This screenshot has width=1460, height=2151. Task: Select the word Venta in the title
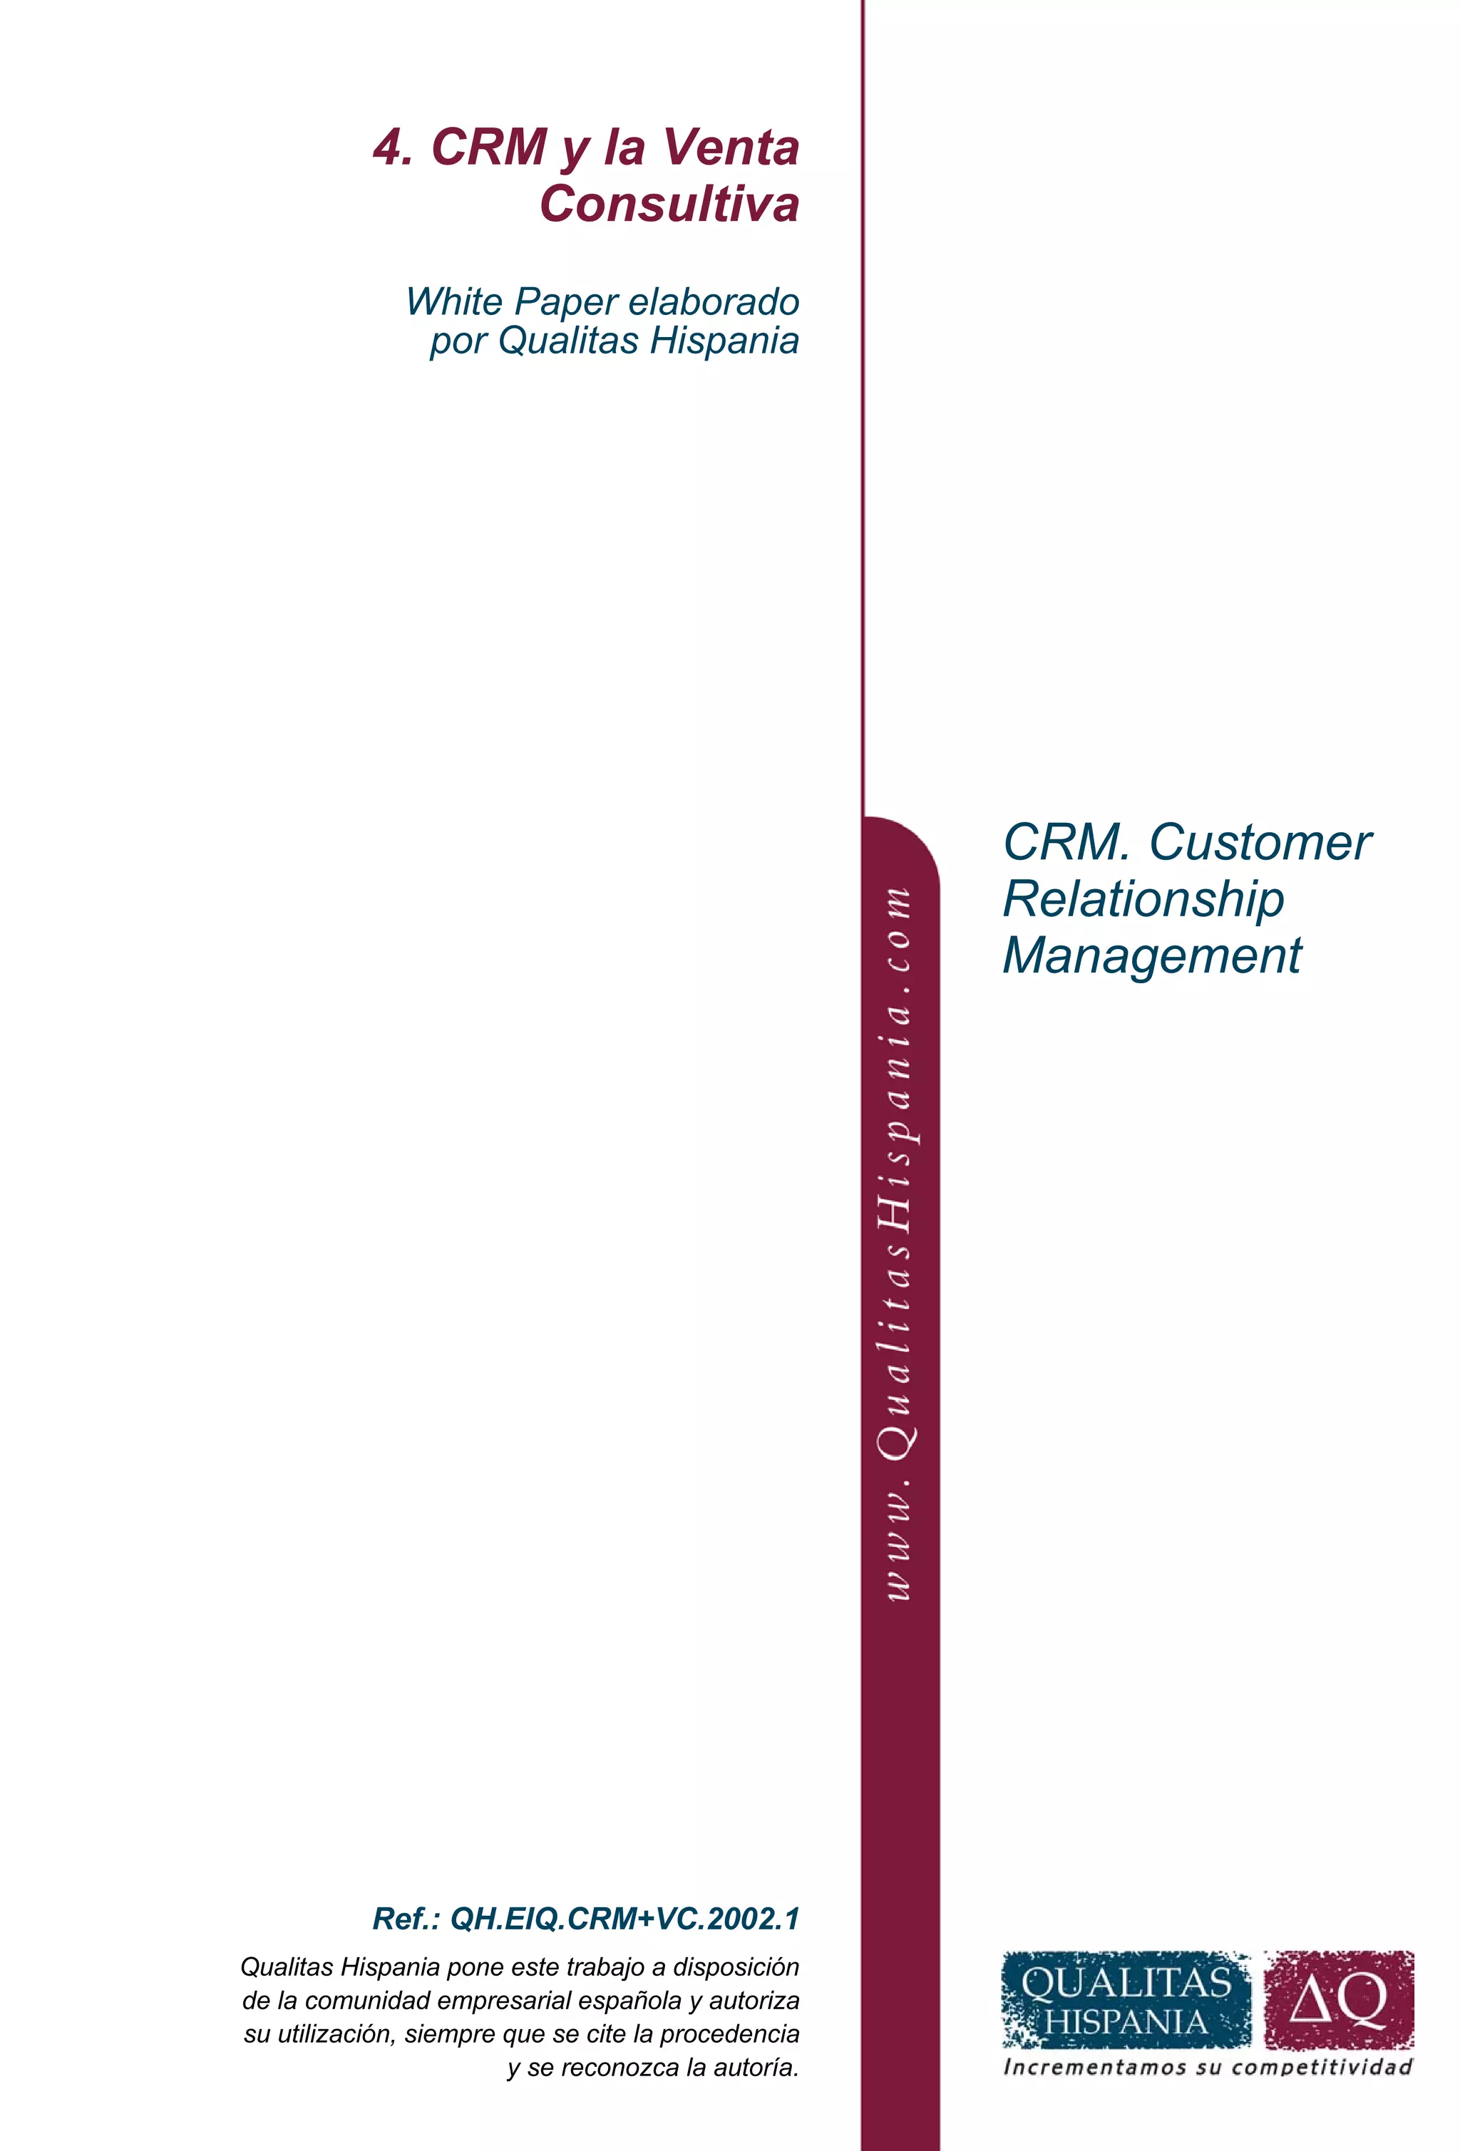[731, 148]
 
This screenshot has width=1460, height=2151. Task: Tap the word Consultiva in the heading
[669, 204]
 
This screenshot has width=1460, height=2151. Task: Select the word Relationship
[1143, 900]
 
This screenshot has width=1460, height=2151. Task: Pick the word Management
[1152, 956]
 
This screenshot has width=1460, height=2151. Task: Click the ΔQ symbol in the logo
[1338, 2000]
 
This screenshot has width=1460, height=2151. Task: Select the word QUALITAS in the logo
[1126, 1983]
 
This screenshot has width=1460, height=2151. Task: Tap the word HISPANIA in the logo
[1126, 2022]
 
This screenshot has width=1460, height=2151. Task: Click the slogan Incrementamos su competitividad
[1207, 2068]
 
